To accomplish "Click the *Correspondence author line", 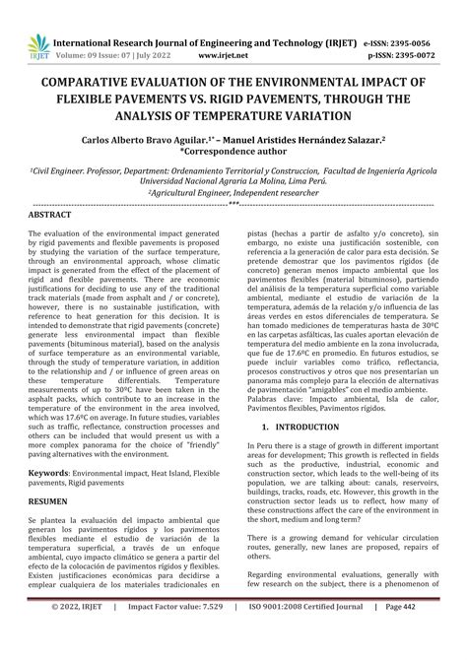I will [x=233, y=155].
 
